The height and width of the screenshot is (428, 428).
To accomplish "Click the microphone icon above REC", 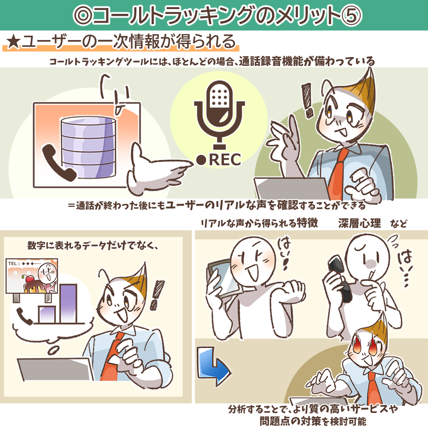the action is (219, 115).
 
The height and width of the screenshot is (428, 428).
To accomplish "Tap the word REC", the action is (225, 160).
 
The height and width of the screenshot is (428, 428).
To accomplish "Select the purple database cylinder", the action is (88, 147).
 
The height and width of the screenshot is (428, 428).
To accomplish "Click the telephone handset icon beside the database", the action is (58, 163).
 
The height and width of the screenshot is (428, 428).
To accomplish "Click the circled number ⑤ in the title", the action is (352, 15).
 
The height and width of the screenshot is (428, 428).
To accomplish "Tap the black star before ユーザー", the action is (13, 42).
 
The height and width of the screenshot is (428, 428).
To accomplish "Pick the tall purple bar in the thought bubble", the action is (68, 304).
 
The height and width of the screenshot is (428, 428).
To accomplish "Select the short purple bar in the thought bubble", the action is (47, 314).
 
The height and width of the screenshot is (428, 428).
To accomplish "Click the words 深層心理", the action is (359, 223).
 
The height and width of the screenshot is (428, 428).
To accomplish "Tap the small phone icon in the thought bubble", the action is (25, 316).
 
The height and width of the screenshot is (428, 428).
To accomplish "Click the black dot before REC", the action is (201, 160).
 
